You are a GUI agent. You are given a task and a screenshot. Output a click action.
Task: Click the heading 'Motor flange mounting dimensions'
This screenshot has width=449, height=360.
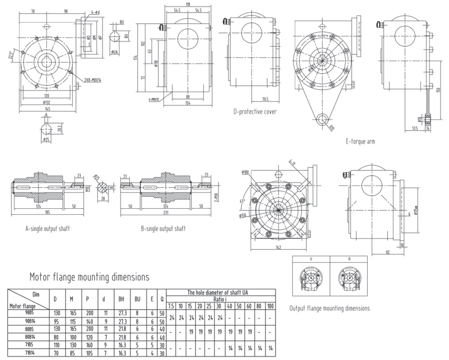coord(89,276)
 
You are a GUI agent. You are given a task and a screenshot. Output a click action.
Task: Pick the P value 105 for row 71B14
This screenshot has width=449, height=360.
coord(87,353)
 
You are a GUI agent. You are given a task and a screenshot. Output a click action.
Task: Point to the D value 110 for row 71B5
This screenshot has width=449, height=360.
coord(55,346)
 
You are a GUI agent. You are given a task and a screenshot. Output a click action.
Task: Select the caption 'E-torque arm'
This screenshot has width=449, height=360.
coord(360,142)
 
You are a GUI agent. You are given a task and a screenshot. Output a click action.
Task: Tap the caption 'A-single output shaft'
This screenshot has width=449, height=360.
coord(47,228)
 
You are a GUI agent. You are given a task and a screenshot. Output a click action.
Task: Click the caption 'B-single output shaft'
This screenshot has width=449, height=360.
coord(163,228)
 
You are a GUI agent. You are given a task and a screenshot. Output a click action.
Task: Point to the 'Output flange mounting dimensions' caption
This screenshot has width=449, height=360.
coord(331,308)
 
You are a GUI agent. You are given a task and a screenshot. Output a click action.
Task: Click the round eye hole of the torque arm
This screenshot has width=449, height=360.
coord(322,118)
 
